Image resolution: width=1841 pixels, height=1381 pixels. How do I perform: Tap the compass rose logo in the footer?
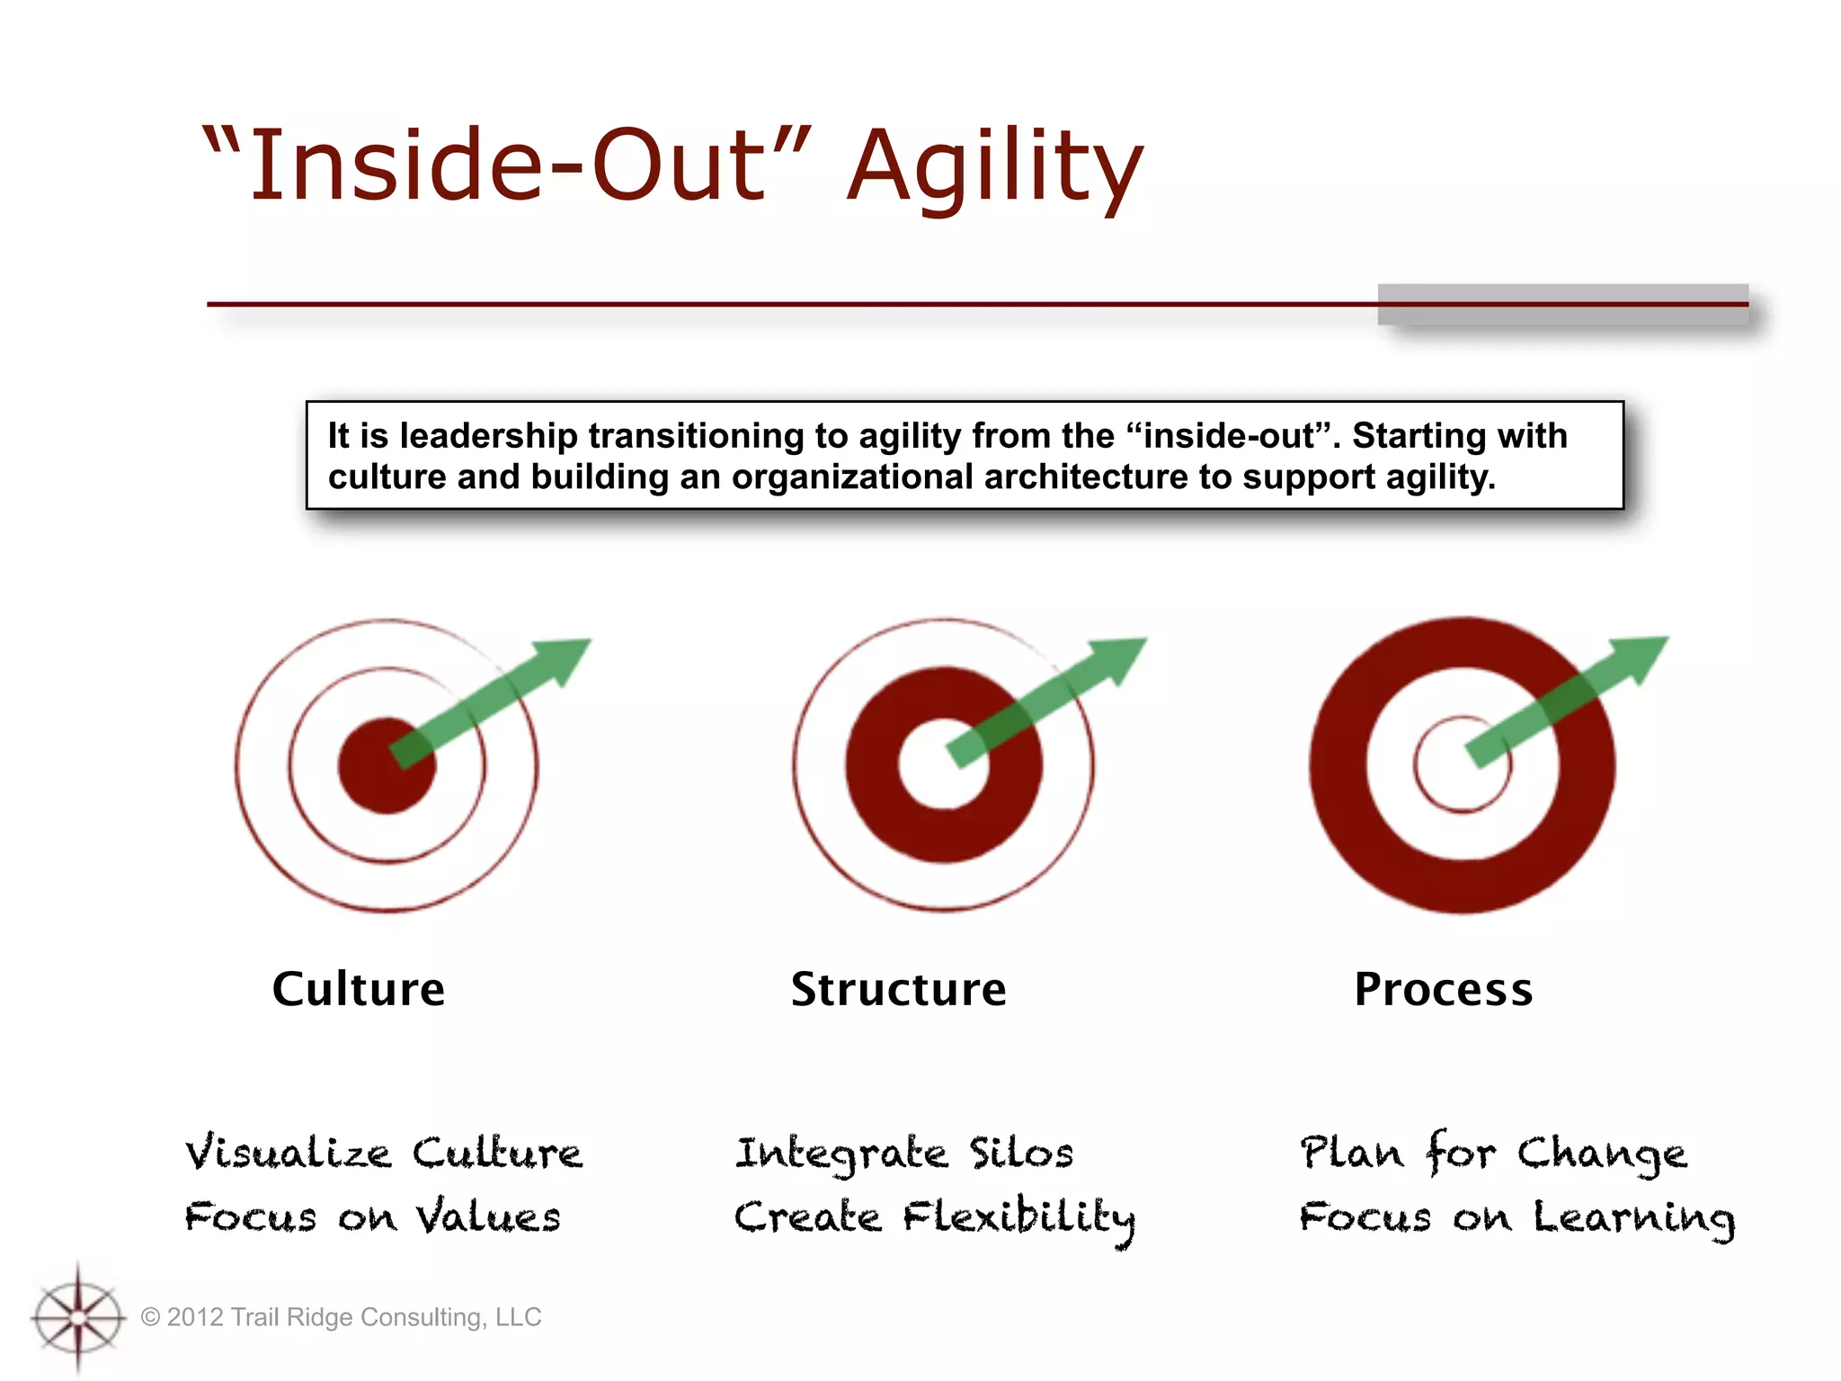[x=78, y=1317]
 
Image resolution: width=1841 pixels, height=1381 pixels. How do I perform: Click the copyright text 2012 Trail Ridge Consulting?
[x=342, y=1317]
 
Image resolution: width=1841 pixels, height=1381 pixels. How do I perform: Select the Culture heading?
[x=359, y=989]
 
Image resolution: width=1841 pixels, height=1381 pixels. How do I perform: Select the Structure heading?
[x=898, y=989]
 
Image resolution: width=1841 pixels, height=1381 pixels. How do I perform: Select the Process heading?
[x=1443, y=989]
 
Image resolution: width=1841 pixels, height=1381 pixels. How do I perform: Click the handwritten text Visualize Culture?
[x=384, y=1154]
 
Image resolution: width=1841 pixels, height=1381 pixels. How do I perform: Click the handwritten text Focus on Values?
[x=372, y=1217]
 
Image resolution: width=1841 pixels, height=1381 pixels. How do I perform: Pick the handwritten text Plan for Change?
[x=1493, y=1154]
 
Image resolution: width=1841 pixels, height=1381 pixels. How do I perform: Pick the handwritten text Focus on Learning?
[x=1516, y=1218]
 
